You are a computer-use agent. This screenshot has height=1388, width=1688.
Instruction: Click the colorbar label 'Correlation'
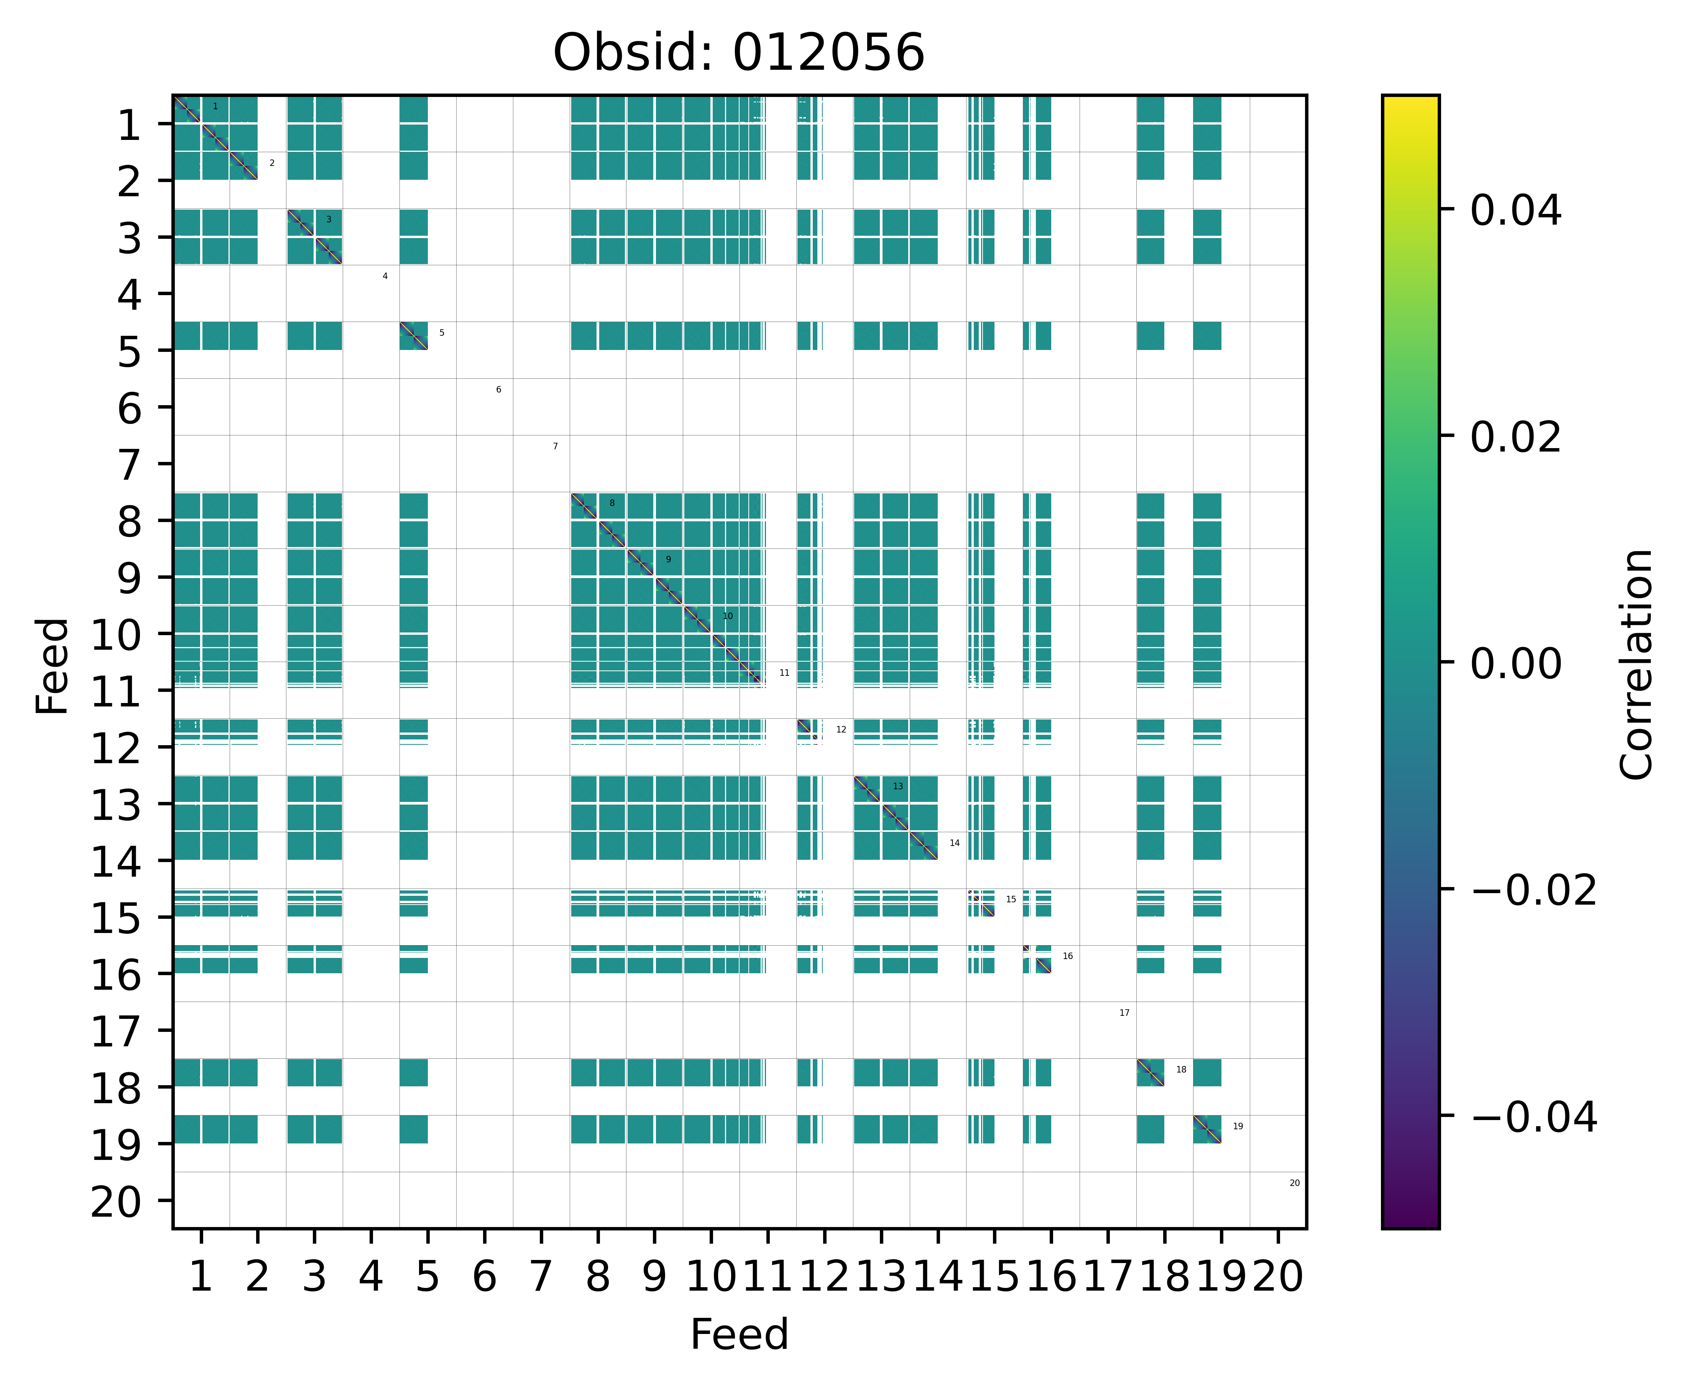click(x=1636, y=664)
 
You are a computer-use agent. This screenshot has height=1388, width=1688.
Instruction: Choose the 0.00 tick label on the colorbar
click(x=1515, y=664)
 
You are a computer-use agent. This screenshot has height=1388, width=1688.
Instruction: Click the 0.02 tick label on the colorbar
click(x=1515, y=437)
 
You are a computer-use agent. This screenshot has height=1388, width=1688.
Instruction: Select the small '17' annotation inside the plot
click(x=1124, y=1013)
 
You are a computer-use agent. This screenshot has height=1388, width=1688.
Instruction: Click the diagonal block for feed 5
click(x=413, y=336)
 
